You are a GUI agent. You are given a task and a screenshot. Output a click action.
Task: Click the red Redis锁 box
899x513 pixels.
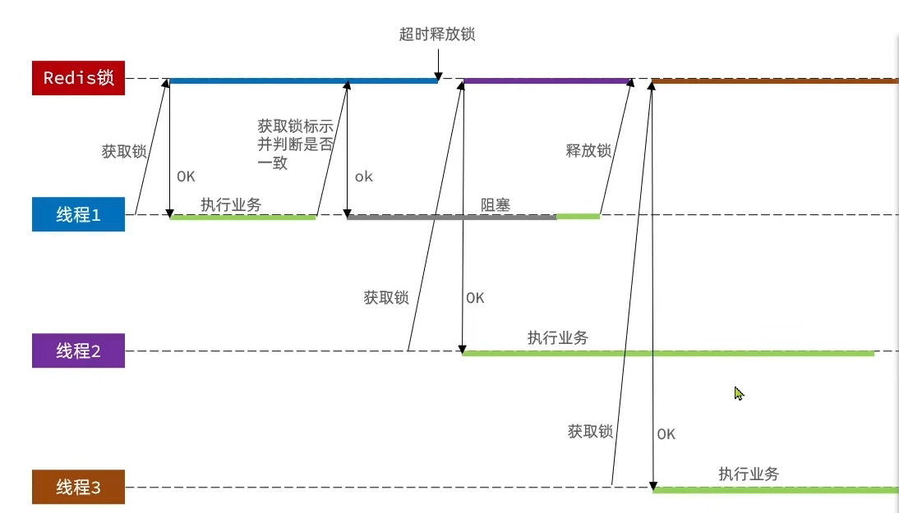tap(78, 78)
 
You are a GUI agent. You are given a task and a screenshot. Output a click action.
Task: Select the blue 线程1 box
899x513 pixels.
tap(78, 215)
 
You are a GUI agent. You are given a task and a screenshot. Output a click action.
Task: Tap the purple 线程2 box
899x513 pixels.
tap(78, 351)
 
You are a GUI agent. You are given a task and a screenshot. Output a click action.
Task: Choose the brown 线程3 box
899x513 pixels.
tap(78, 488)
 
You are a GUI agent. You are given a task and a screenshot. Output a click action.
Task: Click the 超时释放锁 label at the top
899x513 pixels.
tap(437, 34)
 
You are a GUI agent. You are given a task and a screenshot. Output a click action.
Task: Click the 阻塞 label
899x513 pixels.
tap(496, 204)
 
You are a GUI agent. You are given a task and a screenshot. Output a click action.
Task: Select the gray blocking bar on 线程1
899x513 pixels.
tap(451, 218)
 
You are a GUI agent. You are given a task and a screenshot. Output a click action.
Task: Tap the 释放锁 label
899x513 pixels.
tap(589, 150)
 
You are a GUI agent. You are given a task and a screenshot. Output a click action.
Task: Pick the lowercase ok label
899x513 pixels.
tap(363, 176)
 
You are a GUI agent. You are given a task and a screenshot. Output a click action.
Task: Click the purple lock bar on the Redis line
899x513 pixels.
tap(546, 81)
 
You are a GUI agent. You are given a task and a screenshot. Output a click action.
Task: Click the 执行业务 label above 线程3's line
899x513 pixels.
tap(749, 474)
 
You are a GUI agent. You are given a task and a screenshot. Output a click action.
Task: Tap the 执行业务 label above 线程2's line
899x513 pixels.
tap(558, 337)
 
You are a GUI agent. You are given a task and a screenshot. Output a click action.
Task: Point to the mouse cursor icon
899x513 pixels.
tap(739, 394)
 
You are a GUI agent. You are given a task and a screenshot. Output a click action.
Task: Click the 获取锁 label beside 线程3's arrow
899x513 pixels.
tap(590, 431)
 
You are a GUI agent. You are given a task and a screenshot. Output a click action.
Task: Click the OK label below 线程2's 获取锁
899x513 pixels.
tap(475, 298)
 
